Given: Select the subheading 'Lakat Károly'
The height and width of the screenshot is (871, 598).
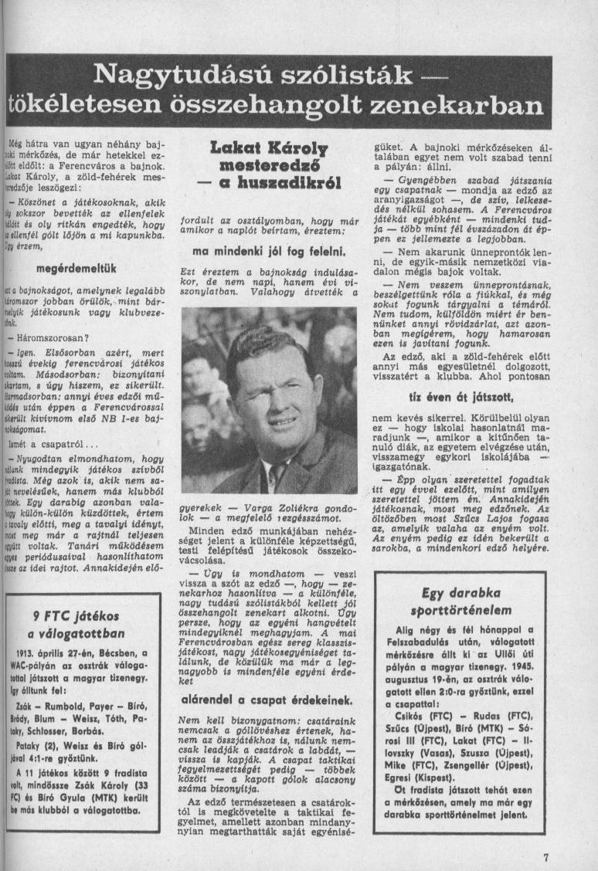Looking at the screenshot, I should click(x=270, y=149).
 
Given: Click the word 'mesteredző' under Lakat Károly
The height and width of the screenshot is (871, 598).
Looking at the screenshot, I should click(x=270, y=167).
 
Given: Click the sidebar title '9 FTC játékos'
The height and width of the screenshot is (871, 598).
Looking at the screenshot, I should click(x=76, y=616).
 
